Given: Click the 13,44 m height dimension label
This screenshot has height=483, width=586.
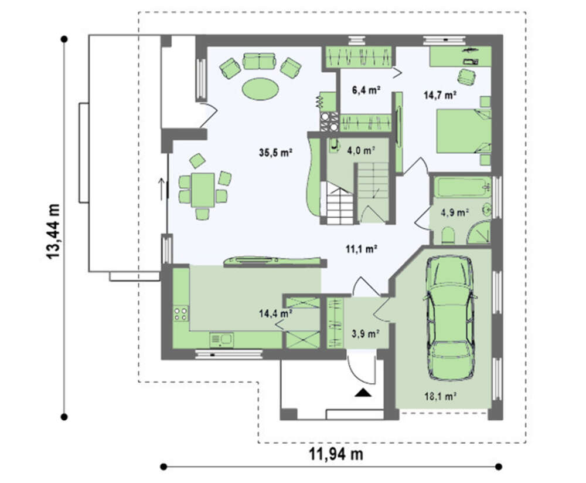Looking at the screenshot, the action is tap(53, 231).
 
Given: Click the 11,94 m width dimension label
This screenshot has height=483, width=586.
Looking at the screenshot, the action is tap(336, 454).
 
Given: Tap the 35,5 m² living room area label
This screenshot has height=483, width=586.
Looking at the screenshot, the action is tap(275, 153).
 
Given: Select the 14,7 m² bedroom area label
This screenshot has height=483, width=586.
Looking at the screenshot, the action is tap(440, 95).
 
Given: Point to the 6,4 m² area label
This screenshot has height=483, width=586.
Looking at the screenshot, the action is tap(366, 90).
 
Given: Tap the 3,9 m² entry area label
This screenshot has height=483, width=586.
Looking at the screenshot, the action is tap(366, 333).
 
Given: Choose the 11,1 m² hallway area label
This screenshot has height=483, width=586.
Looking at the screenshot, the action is tap(360, 249).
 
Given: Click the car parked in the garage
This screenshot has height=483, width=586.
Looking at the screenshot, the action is tap(450, 319).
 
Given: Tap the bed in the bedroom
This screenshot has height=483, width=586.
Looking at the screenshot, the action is tap(464, 131).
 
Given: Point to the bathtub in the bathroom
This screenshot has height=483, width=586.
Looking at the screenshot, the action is tap(462, 188).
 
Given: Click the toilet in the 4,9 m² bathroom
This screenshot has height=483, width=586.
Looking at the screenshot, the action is tap(448, 235).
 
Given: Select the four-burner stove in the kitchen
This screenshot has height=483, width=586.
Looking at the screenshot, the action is tap(180, 313).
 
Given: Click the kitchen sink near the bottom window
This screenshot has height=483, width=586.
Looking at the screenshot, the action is tap(222, 340).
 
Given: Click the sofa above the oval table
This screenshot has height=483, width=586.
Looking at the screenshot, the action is tap(260, 61).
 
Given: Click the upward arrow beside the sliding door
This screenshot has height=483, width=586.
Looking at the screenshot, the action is tap(162, 188).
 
